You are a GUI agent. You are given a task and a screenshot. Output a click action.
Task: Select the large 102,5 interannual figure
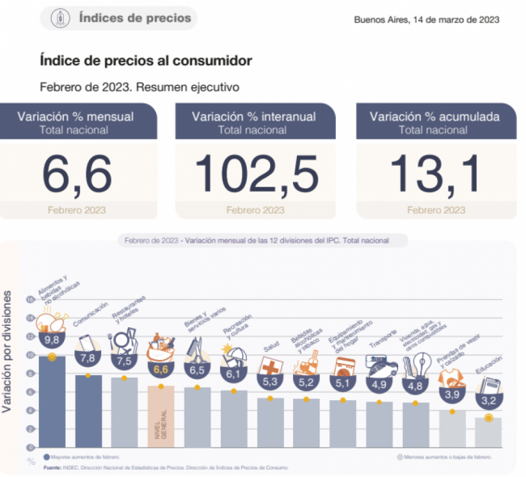point(255,173)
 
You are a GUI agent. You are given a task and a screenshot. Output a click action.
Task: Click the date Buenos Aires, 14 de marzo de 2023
point(426,19)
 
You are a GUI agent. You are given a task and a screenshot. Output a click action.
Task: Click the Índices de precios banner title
point(135,18)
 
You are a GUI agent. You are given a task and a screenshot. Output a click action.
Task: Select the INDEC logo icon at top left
point(60,18)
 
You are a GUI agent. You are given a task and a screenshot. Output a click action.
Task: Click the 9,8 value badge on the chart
point(53,340)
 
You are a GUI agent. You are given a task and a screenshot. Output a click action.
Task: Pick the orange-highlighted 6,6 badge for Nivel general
point(160,369)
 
